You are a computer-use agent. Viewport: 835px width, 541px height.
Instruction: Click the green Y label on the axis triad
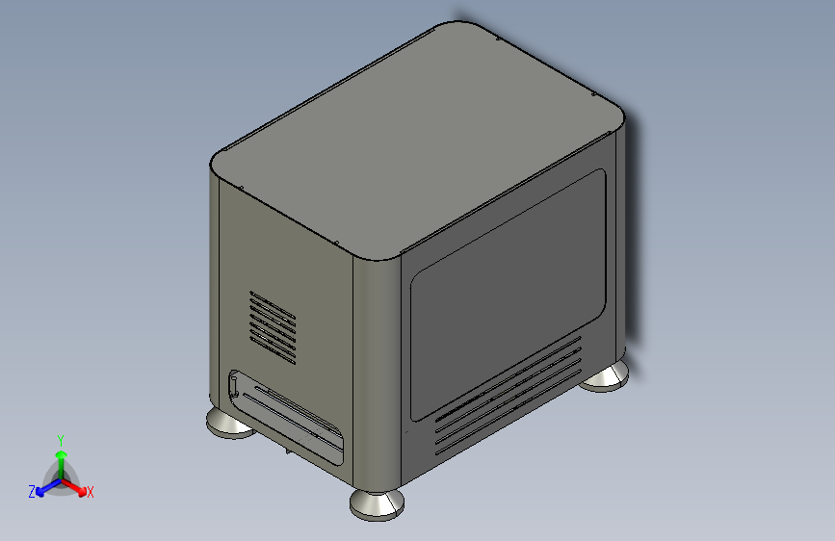point(61,441)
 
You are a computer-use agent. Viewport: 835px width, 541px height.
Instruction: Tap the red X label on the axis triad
point(90,492)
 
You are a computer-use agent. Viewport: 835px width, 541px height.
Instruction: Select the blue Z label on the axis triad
point(32,492)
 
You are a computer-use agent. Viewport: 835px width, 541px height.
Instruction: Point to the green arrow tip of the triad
point(62,455)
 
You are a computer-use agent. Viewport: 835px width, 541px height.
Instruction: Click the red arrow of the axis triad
point(73,487)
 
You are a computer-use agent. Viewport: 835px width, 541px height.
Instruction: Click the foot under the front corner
point(377,504)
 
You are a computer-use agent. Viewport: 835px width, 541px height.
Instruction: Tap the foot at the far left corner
point(229,424)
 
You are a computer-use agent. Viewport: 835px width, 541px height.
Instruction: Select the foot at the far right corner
point(606,376)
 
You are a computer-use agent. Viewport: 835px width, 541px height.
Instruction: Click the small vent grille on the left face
point(273,327)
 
